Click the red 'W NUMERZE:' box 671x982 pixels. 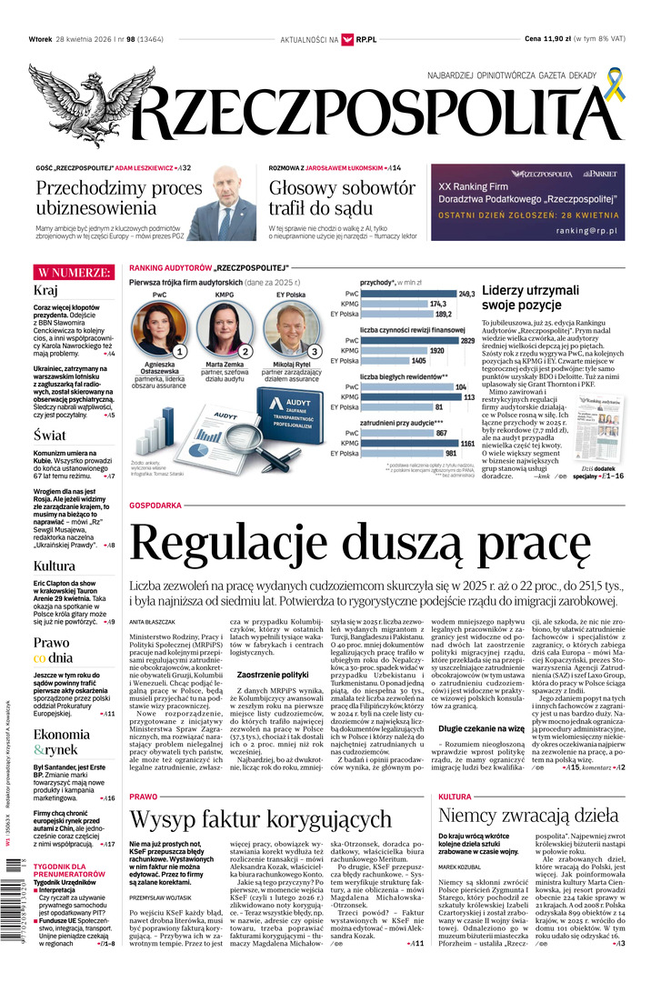click(x=73, y=273)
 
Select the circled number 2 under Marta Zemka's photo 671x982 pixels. click(x=245, y=351)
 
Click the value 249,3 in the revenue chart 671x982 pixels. click(x=466, y=294)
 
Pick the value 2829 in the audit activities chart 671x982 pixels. click(x=467, y=340)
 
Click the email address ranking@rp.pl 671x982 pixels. click(x=586, y=232)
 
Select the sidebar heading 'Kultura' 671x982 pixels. click(x=54, y=566)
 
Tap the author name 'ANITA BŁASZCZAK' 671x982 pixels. click(x=151, y=621)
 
